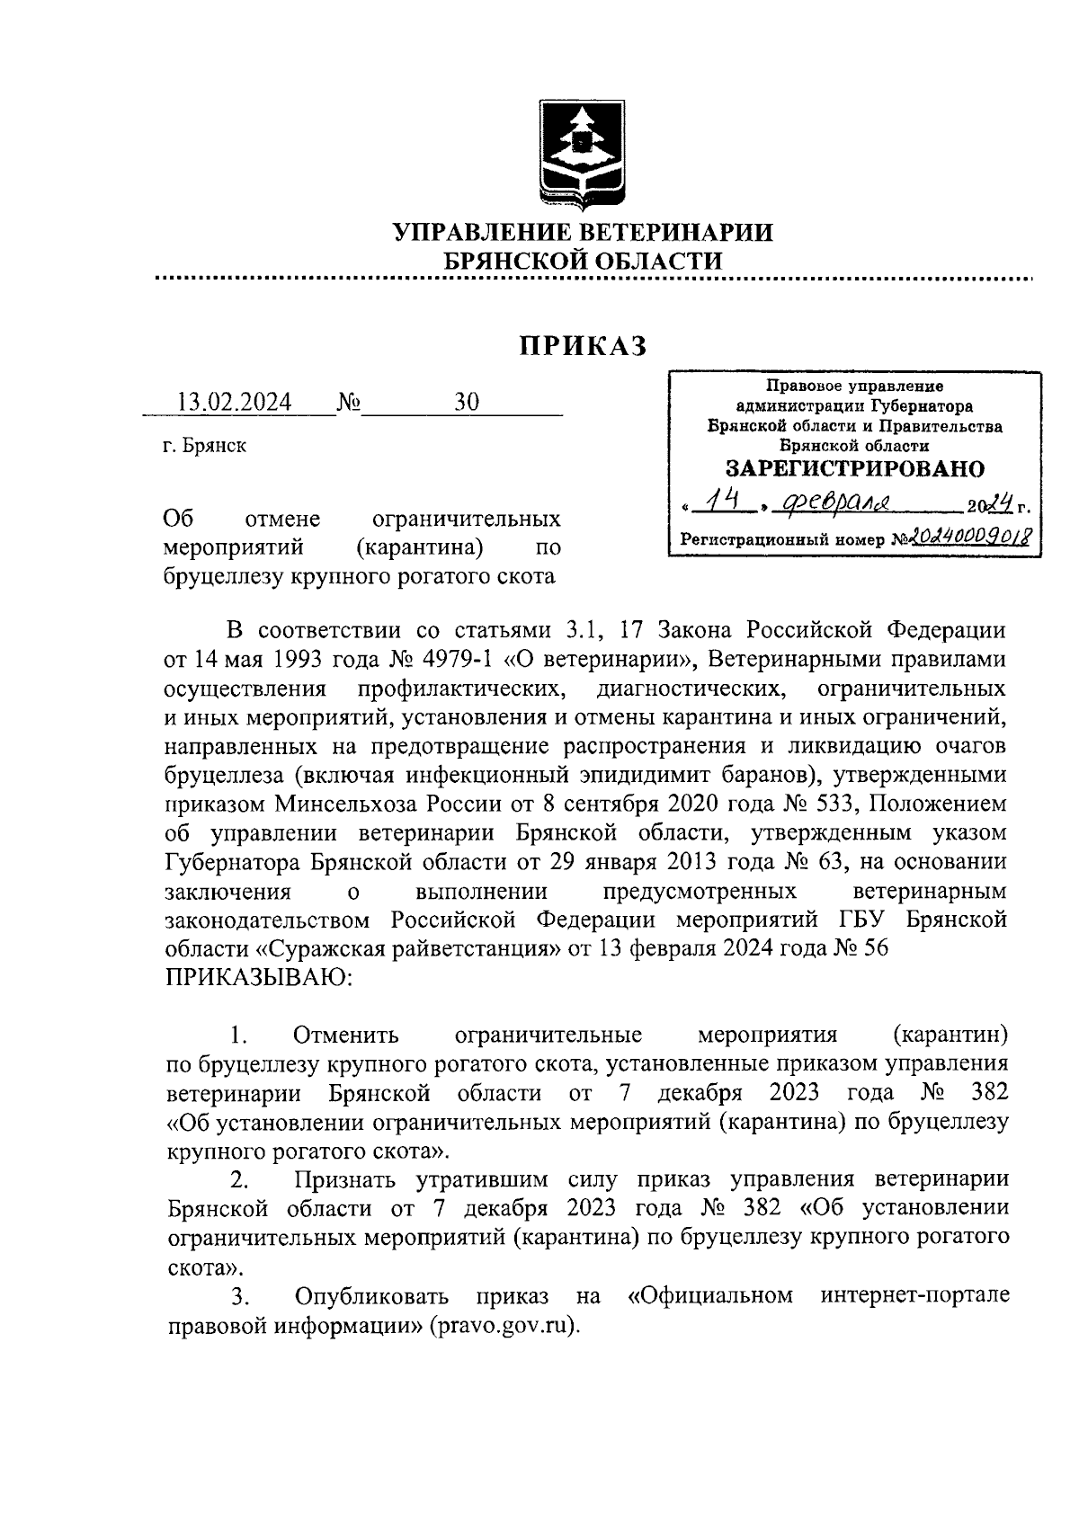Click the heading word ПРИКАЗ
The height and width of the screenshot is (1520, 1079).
583,346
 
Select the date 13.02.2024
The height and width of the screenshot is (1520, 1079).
235,402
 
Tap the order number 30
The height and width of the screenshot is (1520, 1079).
467,402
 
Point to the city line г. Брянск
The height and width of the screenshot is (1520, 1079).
205,446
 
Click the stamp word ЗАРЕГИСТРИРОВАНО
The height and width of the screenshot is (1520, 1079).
854,469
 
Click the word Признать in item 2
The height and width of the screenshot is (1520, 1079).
348,1178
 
